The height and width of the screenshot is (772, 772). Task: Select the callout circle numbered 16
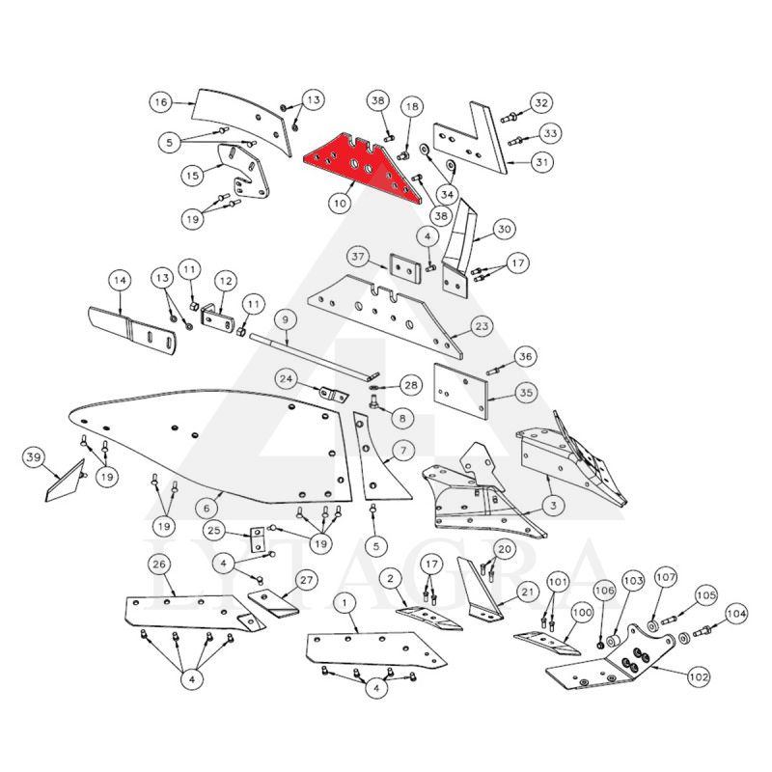pyautogui.click(x=161, y=102)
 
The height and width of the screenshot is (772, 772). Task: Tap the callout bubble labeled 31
pyautogui.click(x=541, y=161)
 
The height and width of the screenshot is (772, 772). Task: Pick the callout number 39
pyautogui.click(x=34, y=457)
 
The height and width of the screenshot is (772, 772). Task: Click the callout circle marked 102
pyautogui.click(x=699, y=676)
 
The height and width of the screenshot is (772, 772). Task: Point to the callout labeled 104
pyautogui.click(x=736, y=614)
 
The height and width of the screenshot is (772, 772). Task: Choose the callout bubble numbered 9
pyautogui.click(x=285, y=320)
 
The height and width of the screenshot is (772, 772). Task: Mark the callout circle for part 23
pyautogui.click(x=482, y=326)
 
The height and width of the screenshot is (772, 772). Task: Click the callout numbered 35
pyautogui.click(x=526, y=393)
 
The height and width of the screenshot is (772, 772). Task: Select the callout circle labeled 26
pyautogui.click(x=159, y=565)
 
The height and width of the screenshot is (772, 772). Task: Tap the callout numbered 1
pyautogui.click(x=345, y=602)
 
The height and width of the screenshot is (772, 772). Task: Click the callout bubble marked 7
pyautogui.click(x=403, y=450)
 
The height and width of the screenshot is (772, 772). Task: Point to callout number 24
pyautogui.click(x=286, y=378)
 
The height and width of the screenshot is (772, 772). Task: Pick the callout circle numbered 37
pyautogui.click(x=358, y=257)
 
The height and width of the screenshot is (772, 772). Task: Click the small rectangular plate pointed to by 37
pyautogui.click(x=405, y=268)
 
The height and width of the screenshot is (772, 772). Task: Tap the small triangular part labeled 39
pyautogui.click(x=66, y=482)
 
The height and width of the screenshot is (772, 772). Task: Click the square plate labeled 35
pyautogui.click(x=461, y=392)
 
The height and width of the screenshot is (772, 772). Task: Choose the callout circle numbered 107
pyautogui.click(x=666, y=577)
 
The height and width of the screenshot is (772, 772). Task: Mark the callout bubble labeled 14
pyautogui.click(x=120, y=280)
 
